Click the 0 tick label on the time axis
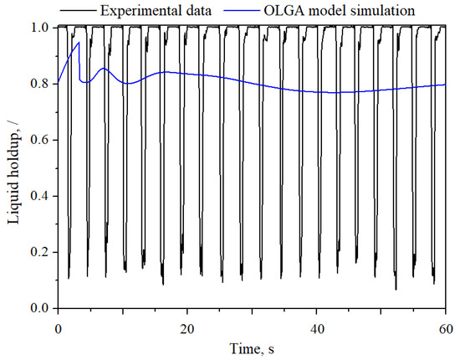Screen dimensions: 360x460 (x=58, y=325)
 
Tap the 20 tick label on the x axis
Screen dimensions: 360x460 (x=187, y=325)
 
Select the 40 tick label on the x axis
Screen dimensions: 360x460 (x=317, y=325)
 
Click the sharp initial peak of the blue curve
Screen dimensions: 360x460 (x=79, y=43)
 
